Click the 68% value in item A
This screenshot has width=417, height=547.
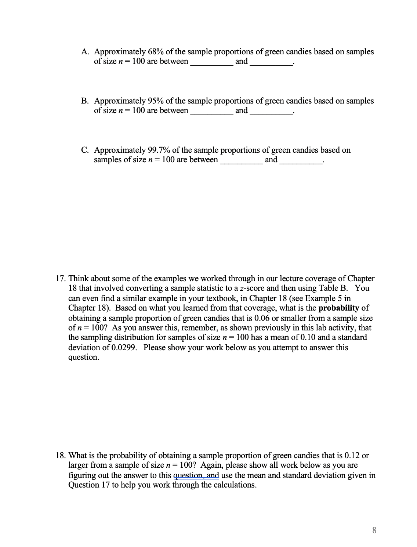156,52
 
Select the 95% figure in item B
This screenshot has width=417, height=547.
156,101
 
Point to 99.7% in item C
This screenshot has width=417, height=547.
159,150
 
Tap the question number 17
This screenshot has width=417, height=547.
60,279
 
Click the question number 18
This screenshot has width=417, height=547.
60,456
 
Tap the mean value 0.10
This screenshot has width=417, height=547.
306,337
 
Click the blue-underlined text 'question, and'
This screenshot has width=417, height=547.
196,475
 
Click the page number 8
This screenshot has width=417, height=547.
374,530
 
